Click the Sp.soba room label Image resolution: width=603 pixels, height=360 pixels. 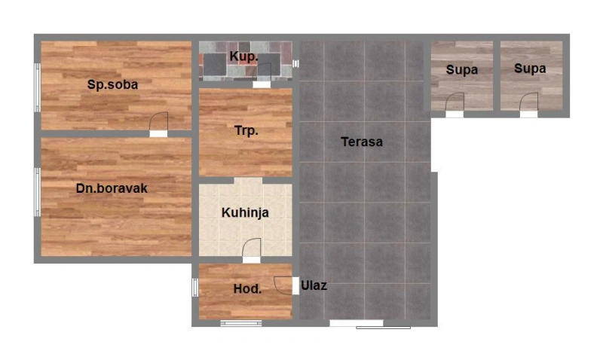click(112, 84)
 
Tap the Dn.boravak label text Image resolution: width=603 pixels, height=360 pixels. click(112, 188)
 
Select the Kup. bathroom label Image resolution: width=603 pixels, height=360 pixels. click(243, 56)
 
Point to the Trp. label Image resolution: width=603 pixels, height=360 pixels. click(246, 130)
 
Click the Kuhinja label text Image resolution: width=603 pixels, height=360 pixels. click(245, 212)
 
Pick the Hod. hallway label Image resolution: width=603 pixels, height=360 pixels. click(247, 289)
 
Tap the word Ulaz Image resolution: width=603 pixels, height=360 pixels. click(314, 285)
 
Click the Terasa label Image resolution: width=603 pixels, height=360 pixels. click(362, 142)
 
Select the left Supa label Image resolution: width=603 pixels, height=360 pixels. click(461, 70)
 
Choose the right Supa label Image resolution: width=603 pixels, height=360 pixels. click(530, 69)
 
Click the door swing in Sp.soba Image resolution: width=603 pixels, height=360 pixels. click(158, 121)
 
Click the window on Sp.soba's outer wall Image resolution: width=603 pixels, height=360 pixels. click(37, 87)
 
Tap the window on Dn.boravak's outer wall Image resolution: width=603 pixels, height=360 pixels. click(37, 192)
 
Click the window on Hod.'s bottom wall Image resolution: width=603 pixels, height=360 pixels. click(241, 324)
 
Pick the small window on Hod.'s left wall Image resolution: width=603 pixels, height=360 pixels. click(195, 288)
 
